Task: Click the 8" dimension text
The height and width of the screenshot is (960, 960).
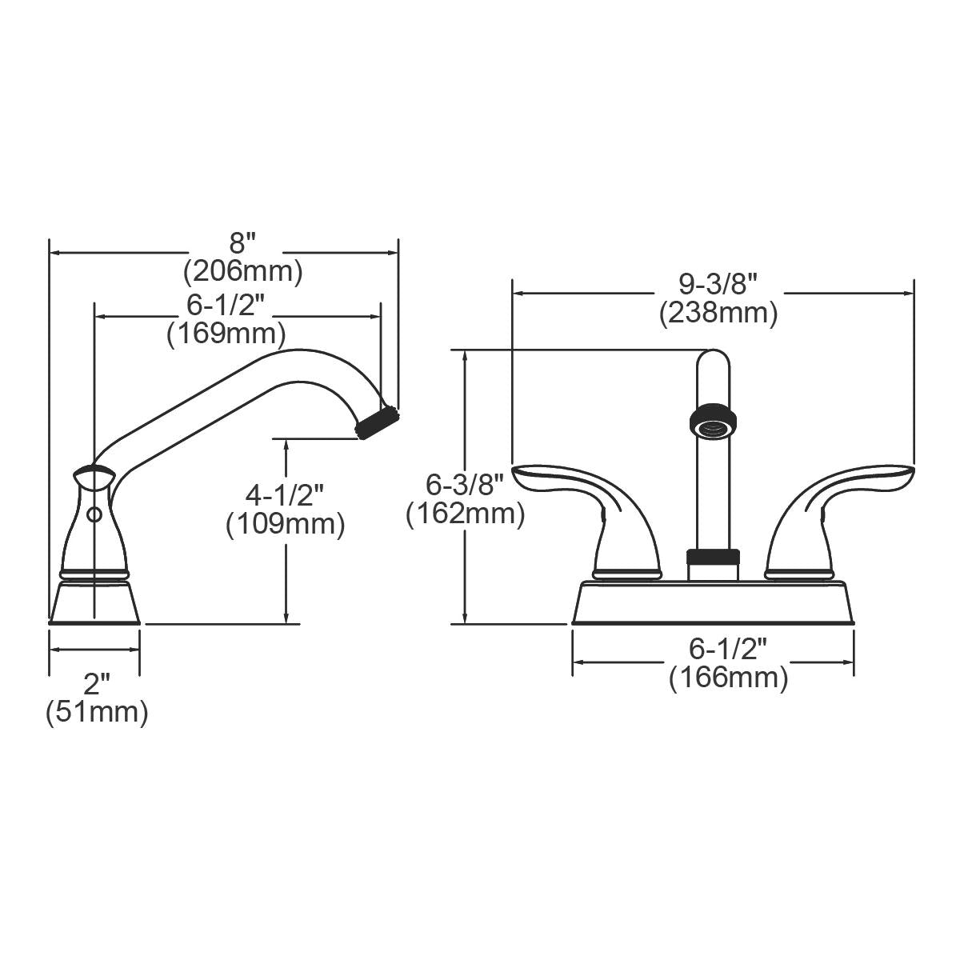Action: (x=242, y=243)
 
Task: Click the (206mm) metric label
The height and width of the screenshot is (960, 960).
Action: (x=242, y=272)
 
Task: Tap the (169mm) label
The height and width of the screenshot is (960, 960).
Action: (x=226, y=333)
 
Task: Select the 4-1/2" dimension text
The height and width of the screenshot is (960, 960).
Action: (x=285, y=495)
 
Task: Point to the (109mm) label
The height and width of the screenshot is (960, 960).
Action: (x=285, y=525)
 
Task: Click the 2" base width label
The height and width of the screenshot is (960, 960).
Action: (x=96, y=683)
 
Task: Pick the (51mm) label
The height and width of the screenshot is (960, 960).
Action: (x=96, y=711)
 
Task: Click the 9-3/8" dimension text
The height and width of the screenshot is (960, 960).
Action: (x=718, y=283)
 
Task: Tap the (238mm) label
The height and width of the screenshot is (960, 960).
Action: (x=718, y=313)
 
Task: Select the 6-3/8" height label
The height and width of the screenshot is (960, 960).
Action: (x=465, y=484)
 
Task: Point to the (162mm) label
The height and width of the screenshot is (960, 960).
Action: (x=465, y=514)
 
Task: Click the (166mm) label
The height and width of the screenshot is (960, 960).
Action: (x=728, y=678)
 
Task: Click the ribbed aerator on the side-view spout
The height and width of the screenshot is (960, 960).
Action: (x=378, y=422)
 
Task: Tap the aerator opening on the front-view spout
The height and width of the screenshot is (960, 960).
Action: (x=712, y=425)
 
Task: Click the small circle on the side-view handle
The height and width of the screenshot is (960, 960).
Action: (x=94, y=515)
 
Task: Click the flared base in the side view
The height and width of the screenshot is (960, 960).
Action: (x=94, y=602)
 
